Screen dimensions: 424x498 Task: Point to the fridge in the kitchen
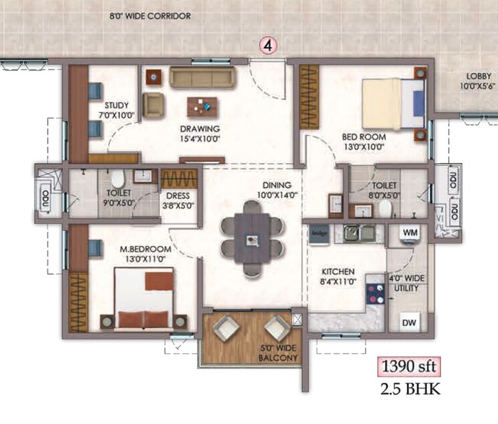click(318, 233)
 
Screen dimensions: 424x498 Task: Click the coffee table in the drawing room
click(203, 104)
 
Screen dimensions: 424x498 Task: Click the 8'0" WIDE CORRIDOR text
click(151, 15)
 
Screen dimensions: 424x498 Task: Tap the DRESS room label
click(178, 201)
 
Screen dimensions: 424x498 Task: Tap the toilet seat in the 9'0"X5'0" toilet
click(117, 179)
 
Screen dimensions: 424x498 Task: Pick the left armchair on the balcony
click(226, 329)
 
